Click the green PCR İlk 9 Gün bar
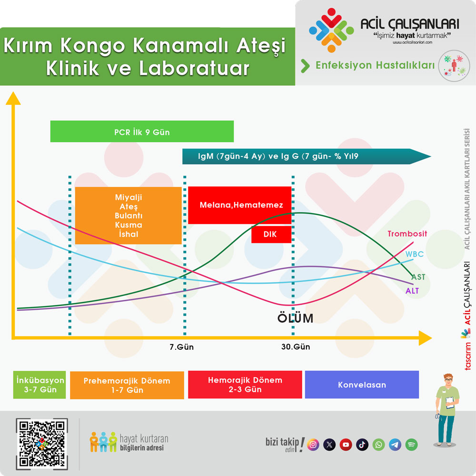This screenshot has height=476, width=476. tap(142, 131)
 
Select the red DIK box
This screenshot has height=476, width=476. tap(271, 234)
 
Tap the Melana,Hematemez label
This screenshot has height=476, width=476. tap(241, 205)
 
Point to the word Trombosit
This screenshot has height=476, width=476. tap(407, 234)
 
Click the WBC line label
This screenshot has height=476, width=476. tap(415, 254)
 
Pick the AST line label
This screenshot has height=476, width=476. tap(418, 277)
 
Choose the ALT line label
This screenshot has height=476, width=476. tap(412, 291)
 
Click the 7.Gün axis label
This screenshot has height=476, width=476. tap(181, 347)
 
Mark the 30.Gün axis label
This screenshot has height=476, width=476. tap(296, 347)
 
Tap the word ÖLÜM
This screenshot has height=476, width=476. tap(295, 318)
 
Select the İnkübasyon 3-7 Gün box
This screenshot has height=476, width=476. tap(40, 385)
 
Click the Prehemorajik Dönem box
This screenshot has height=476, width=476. tap(127, 385)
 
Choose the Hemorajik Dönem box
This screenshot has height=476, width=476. tap(245, 384)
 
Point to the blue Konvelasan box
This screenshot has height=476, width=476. tap(362, 384)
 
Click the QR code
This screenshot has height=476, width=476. tap(42, 444)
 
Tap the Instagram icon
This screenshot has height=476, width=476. tap(313, 445)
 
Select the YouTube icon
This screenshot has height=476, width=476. tap(346, 445)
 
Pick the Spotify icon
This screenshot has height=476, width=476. tap(411, 445)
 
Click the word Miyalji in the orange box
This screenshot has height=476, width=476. tap(129, 198)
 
